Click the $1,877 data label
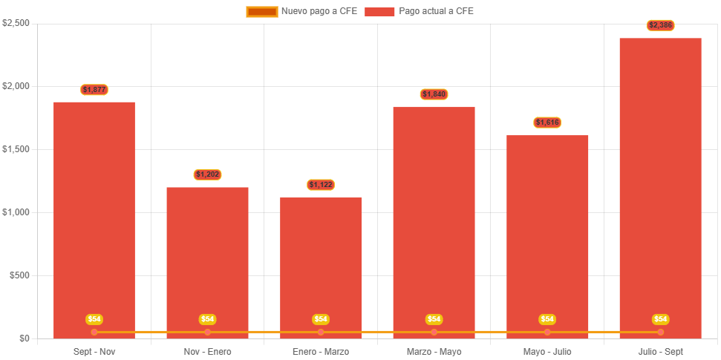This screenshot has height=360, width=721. [x=94, y=90]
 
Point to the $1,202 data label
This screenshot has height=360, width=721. [x=208, y=174]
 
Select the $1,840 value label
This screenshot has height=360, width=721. [x=434, y=94]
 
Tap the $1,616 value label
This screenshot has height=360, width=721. [x=547, y=122]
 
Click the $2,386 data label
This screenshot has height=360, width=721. [x=661, y=25]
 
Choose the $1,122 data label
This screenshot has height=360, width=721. [x=321, y=185]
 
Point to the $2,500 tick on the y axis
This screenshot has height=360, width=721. [x=16, y=23]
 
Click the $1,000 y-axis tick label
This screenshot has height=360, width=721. [x=16, y=212]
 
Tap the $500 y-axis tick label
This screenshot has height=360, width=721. [x=19, y=275]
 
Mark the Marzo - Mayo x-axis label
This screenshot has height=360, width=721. [x=434, y=351]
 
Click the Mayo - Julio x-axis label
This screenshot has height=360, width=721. [x=547, y=351]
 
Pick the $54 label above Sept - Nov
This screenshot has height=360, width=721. [x=94, y=319]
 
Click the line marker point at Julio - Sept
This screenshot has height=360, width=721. [x=661, y=332]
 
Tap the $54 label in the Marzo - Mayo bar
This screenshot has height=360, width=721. [x=434, y=319]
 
